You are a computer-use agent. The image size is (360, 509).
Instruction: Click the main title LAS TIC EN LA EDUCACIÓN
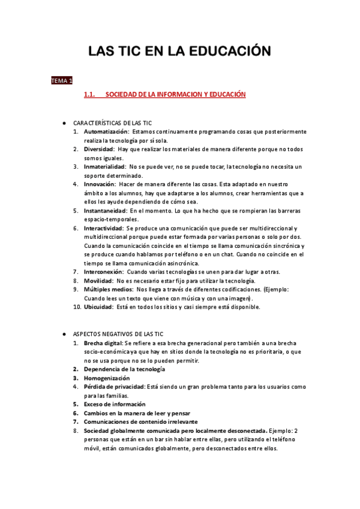(179, 51)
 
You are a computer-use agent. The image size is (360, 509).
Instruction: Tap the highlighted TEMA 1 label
(61, 80)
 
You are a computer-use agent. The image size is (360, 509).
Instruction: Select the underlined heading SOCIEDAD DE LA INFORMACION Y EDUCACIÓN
(176, 95)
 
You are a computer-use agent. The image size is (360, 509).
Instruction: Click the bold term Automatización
(106, 131)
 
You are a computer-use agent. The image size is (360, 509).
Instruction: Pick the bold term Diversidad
(99, 149)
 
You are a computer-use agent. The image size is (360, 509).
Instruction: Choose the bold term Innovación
(100, 184)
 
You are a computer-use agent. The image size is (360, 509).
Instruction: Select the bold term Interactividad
(104, 228)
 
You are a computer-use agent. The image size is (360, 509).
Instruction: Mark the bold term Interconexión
(104, 272)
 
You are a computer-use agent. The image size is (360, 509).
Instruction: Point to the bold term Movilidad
(98, 280)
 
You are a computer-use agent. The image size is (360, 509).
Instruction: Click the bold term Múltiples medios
(108, 289)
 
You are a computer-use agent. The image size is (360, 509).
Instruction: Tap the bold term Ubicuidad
(98, 307)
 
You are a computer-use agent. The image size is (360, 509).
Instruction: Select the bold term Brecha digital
(103, 343)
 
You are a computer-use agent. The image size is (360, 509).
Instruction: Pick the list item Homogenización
(107, 378)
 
